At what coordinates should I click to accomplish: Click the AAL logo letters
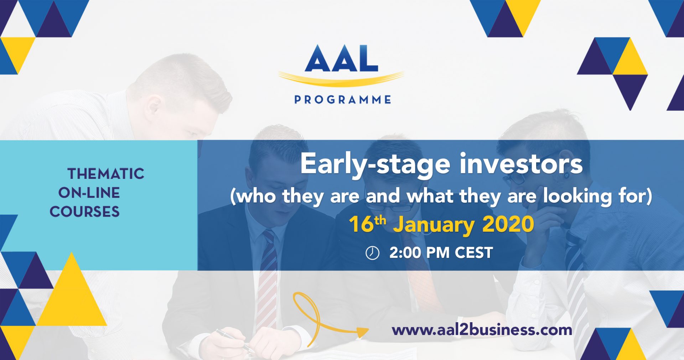tap(341, 58)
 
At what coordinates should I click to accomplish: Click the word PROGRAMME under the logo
tap(343, 99)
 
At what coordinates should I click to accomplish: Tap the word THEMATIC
tap(106, 174)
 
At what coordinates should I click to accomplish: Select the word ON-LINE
tap(89, 193)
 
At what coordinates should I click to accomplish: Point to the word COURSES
tap(84, 212)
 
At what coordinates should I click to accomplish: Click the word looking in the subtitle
tap(577, 196)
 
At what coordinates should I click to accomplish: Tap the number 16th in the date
tap(367, 224)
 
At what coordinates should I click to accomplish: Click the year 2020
tap(508, 224)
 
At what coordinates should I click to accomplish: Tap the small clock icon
tap(372, 253)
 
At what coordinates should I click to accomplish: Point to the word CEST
tap(474, 253)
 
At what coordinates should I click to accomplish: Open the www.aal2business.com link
tap(482, 330)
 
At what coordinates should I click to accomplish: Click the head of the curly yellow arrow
tap(363, 333)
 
